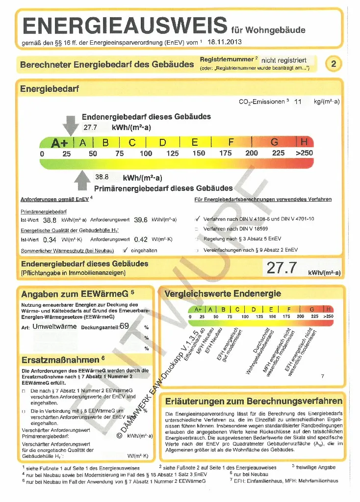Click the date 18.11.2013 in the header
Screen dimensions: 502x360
point(225,42)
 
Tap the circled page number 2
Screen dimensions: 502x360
point(334,64)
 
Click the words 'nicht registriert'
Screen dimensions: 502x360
point(284,60)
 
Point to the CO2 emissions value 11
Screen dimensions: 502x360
point(298,102)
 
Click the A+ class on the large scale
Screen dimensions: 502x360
point(59,143)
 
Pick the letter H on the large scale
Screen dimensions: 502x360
point(304,142)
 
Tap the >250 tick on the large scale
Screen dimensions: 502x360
point(304,153)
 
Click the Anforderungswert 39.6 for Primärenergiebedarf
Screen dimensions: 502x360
point(141,220)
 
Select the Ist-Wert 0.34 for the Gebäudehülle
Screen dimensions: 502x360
point(50,240)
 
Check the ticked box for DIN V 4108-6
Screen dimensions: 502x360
point(197,219)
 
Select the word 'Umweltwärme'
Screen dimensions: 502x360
point(55,326)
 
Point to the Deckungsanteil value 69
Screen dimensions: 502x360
point(124,326)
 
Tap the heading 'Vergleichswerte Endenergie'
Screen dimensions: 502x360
point(223,294)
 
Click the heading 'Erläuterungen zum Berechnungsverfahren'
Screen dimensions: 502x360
point(254,401)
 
